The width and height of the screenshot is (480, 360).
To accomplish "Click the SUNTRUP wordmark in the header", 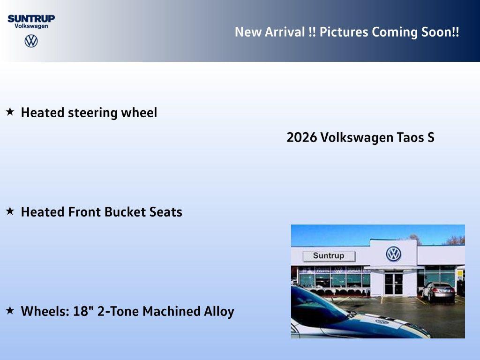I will click(x=31, y=18).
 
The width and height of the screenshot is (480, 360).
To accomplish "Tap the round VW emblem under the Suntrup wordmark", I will click(x=31, y=41).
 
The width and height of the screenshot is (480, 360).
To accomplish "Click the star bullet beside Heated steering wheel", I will click(x=10, y=112).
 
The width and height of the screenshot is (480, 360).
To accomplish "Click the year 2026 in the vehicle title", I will click(x=301, y=138).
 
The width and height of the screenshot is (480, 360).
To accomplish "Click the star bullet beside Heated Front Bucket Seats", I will click(x=10, y=211).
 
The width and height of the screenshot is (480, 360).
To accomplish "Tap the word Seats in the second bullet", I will click(x=165, y=212).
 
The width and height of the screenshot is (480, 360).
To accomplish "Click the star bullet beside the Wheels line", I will click(x=10, y=311).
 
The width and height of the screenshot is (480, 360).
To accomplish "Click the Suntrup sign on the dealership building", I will click(x=329, y=256).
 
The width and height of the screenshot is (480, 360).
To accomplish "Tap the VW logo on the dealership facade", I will click(x=393, y=254).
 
